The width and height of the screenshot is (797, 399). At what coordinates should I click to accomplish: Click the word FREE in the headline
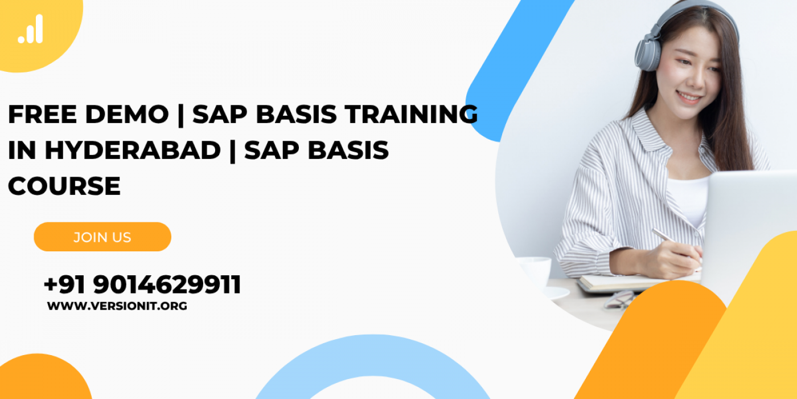coord(42,115)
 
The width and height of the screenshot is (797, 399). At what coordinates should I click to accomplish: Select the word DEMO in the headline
coord(127,115)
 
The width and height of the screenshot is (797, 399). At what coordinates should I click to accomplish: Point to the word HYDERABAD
coord(133,150)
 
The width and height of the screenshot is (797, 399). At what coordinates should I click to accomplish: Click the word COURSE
coord(64,186)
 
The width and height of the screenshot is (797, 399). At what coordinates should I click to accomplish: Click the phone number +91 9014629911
coord(142,284)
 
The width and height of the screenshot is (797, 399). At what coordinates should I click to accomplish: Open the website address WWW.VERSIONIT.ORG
coord(117,306)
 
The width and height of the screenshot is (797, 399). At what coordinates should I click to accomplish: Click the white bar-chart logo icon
coord(31,29)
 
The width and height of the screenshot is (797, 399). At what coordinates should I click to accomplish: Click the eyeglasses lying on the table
coord(620,300)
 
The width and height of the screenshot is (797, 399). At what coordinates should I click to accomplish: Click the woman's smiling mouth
coord(689,96)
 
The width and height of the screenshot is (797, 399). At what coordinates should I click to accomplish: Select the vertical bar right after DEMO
coord(181,115)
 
